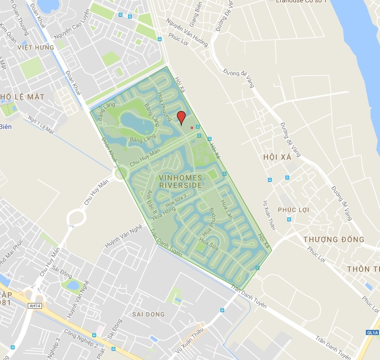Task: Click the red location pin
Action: [x=181, y=117]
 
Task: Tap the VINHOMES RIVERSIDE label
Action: [x=180, y=182]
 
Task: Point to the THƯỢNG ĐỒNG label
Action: [x=334, y=240]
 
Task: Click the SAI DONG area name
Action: [x=148, y=314]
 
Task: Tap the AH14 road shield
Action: [x=32, y=305]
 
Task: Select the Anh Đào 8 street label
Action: [x=152, y=202]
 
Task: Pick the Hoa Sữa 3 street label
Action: [x=176, y=200]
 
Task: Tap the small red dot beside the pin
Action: [x=191, y=128]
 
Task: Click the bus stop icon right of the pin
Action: [x=198, y=127]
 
